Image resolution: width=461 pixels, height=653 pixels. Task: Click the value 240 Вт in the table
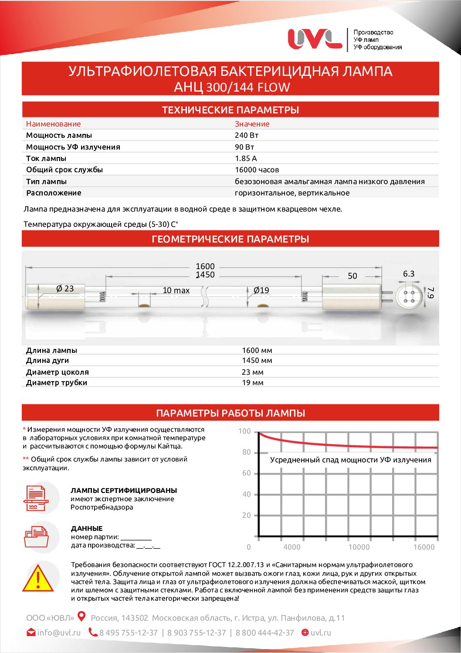(x=247, y=135)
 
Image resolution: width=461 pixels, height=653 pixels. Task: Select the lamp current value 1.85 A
(x=246, y=158)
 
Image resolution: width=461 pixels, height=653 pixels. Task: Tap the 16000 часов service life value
(x=257, y=170)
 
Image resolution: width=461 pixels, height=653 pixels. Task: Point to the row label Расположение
(x=54, y=193)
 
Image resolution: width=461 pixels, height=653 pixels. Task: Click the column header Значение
(x=252, y=124)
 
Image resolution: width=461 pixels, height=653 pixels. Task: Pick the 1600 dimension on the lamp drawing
(x=205, y=266)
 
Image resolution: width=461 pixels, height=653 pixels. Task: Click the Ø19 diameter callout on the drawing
(x=261, y=290)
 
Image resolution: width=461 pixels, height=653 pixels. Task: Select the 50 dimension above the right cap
(x=352, y=276)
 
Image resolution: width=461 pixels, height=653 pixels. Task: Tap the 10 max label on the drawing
(x=176, y=290)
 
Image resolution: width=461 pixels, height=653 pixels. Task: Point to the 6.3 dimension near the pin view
(x=408, y=274)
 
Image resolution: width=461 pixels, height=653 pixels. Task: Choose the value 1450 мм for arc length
(x=257, y=360)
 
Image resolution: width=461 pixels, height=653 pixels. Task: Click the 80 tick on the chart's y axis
(x=247, y=452)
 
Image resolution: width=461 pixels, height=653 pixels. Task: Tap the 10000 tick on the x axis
(x=359, y=547)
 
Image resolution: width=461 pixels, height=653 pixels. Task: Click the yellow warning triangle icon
(x=38, y=579)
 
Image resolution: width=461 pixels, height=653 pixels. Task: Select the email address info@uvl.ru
(x=59, y=632)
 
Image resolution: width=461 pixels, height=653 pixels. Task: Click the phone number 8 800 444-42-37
(x=264, y=632)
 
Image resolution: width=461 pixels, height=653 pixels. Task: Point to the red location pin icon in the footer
(x=81, y=616)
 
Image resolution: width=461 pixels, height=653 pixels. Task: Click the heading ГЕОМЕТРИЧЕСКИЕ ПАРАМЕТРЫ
(x=230, y=239)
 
